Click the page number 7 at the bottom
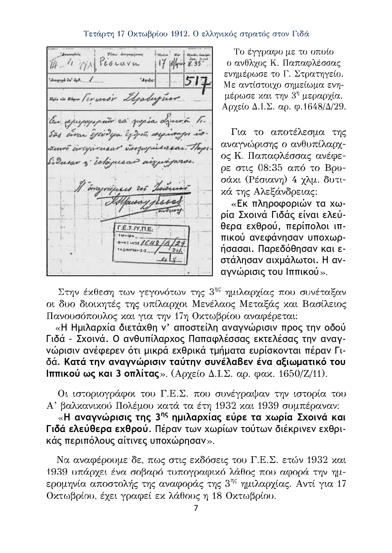click(196, 508)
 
